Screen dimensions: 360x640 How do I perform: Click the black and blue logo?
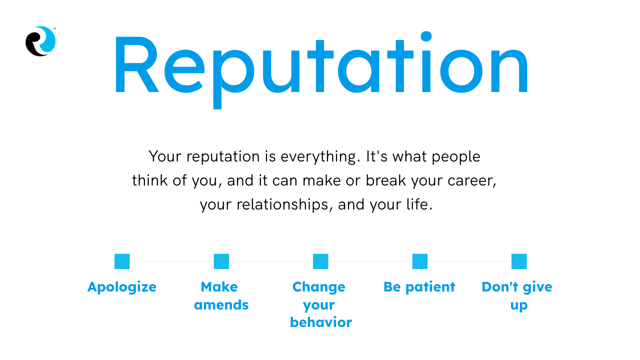tap(40, 41)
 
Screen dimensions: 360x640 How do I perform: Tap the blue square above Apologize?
tap(122, 261)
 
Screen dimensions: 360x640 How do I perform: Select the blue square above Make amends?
tap(221, 261)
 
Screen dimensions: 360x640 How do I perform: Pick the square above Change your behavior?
tap(320, 261)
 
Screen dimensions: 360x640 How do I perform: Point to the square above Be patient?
tap(420, 261)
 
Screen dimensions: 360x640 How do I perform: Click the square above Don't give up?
tap(519, 261)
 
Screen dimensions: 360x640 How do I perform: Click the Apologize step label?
tap(122, 287)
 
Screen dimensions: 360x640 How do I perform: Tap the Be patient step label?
tap(419, 287)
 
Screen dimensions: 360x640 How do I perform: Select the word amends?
tap(221, 305)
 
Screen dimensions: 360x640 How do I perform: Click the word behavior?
tap(321, 322)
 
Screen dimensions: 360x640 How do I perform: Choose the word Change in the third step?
tap(319, 287)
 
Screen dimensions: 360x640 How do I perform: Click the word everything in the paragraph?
tap(320, 157)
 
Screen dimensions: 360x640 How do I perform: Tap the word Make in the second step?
tap(219, 287)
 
